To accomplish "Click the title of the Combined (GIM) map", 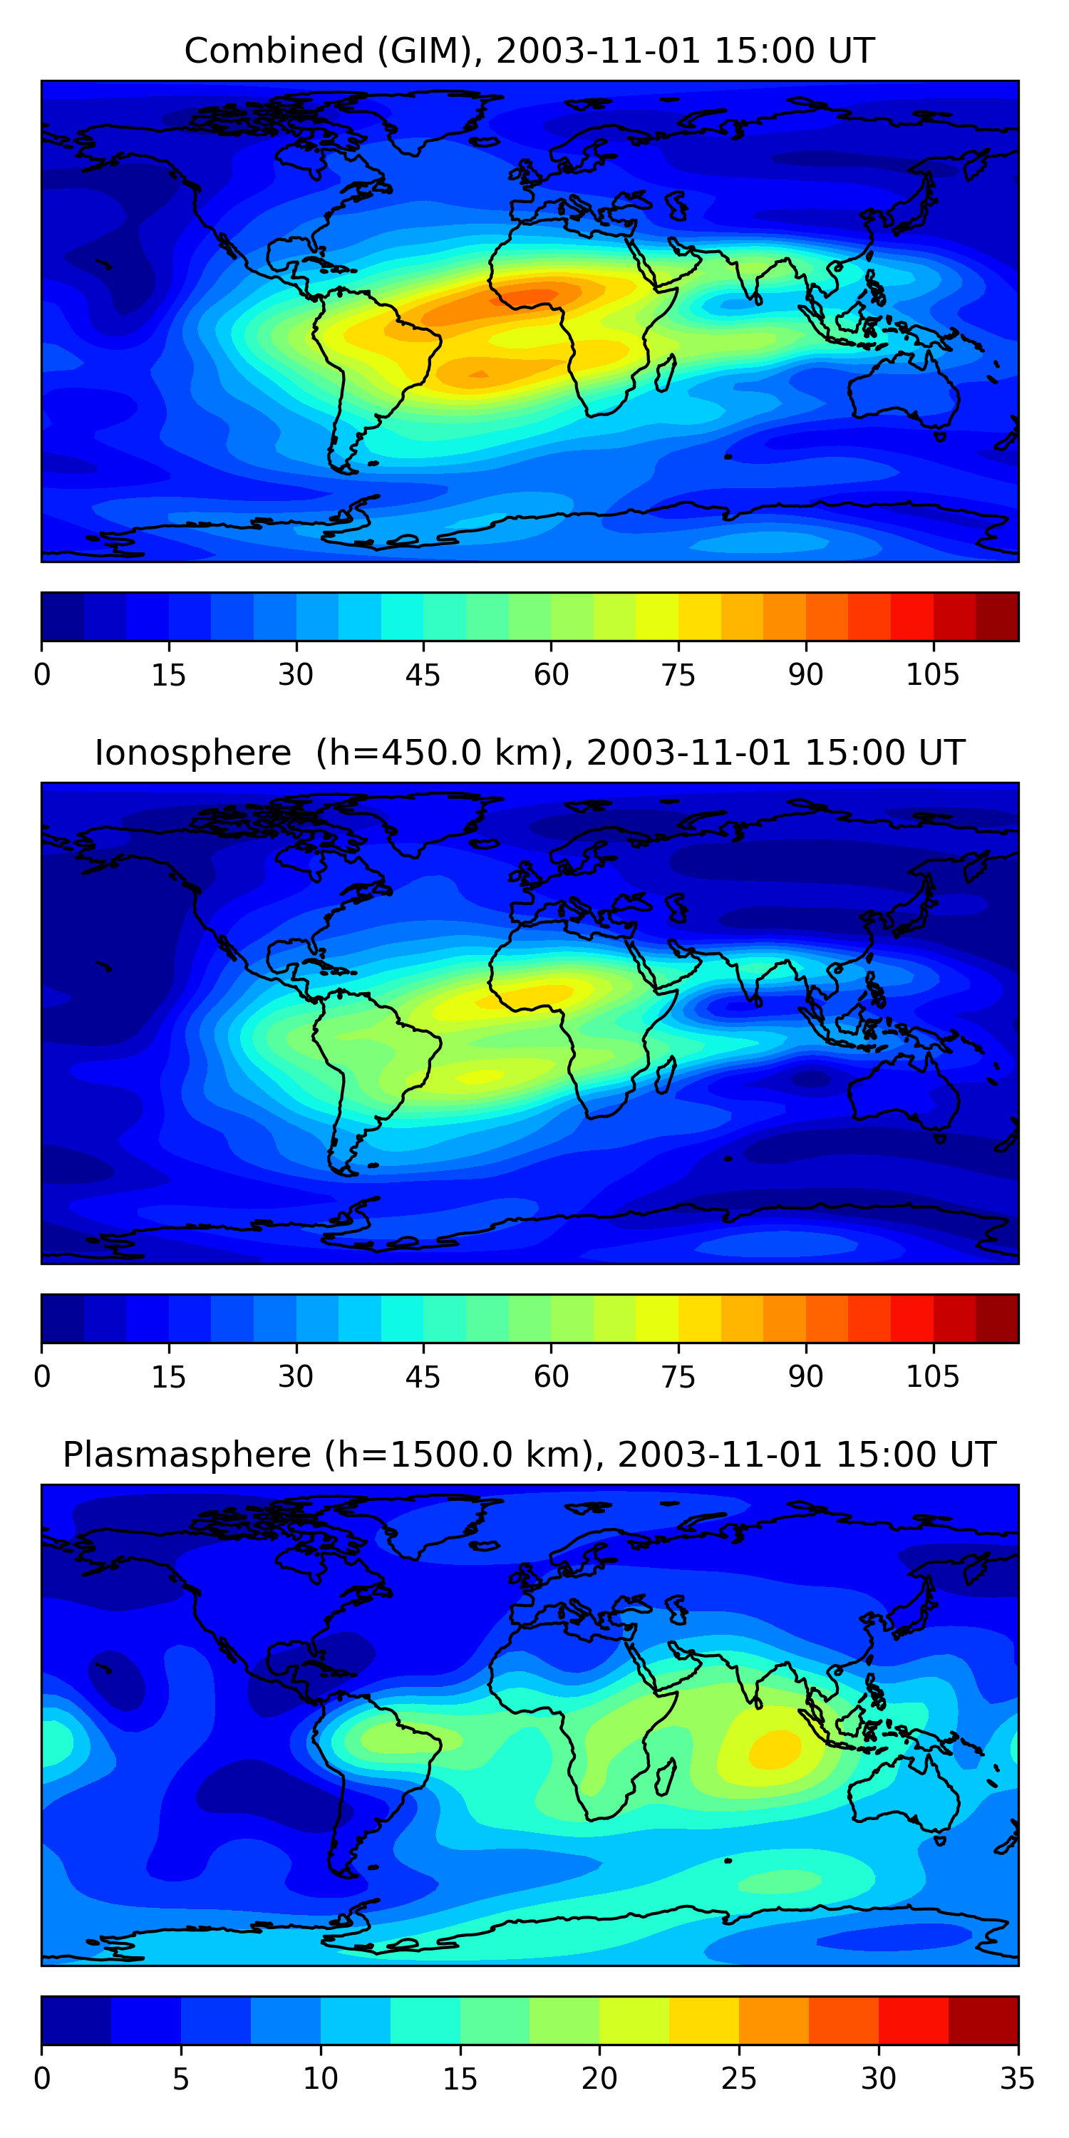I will (529, 51).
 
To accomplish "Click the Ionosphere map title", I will (529, 753).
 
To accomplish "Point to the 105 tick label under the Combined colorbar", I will (932, 676).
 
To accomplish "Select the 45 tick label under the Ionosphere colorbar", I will (423, 1377).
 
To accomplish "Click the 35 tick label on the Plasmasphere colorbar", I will (1017, 2079).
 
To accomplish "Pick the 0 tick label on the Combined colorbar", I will (42, 676).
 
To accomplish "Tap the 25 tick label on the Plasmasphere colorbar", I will (738, 2079).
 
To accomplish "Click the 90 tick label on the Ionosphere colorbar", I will (805, 1377).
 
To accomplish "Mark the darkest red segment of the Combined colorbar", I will (997, 616).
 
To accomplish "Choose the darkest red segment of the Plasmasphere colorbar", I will (983, 2020).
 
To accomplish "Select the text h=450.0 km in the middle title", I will (440, 753).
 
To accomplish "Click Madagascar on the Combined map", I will (665, 373).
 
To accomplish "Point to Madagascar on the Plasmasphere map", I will (665, 1778).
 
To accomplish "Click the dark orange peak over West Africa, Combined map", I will (531, 296).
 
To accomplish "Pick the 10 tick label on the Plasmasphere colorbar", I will (321, 2079).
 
